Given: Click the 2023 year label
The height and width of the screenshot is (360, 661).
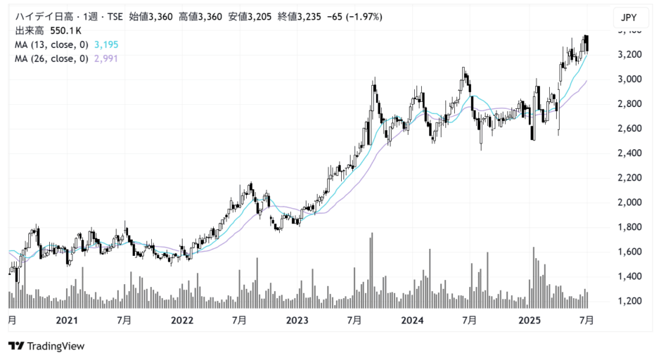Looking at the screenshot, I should point(297,321).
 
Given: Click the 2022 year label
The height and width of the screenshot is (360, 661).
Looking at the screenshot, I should point(181,321).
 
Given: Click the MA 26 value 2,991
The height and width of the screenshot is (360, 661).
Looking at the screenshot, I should point(105,59).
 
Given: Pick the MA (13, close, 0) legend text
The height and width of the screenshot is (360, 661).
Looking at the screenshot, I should point(51,45).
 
